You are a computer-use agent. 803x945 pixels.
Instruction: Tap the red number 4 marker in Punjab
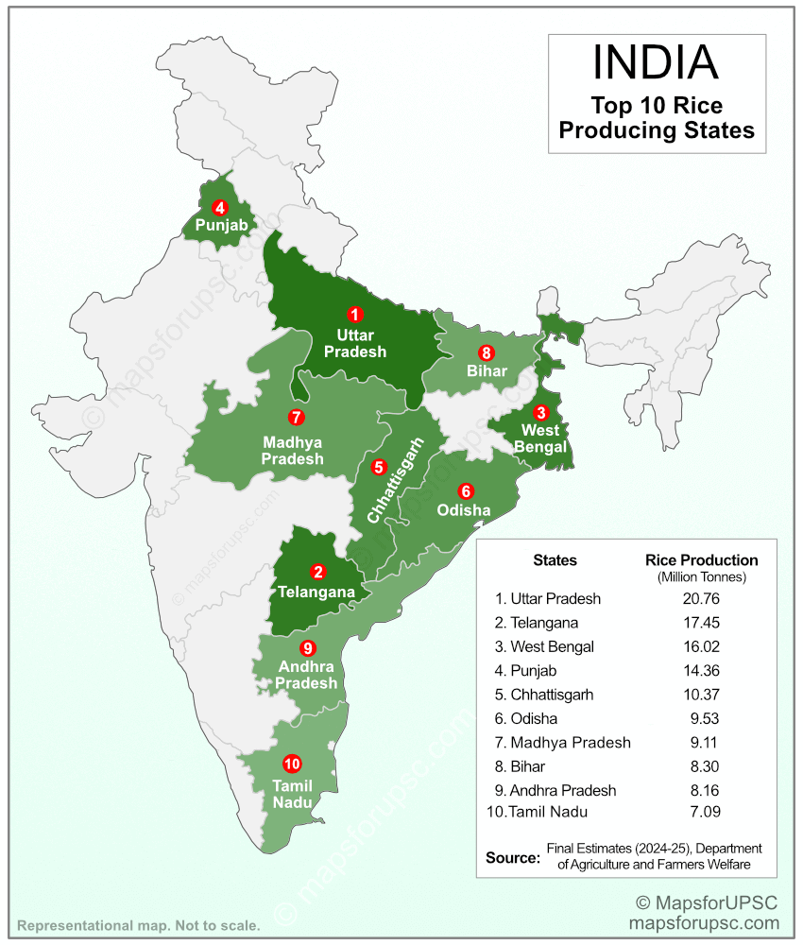pyautogui.click(x=220, y=208)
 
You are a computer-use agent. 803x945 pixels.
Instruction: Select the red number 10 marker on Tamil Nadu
pyautogui.click(x=293, y=764)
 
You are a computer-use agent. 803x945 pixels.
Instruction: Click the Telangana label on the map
pyautogui.click(x=316, y=593)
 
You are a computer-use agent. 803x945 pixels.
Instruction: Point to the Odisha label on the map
pyautogui.click(x=464, y=510)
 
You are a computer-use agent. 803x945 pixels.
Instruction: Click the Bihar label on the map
pyautogui.click(x=487, y=370)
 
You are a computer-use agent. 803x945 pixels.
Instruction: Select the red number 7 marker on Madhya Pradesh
pyautogui.click(x=296, y=417)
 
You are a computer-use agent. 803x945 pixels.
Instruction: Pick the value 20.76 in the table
pyautogui.click(x=700, y=599)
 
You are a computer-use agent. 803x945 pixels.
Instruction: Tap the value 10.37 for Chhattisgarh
pyautogui.click(x=700, y=694)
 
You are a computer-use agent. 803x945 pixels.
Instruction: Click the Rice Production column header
pyautogui.click(x=701, y=560)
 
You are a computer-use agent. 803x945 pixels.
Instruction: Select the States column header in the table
pyautogui.click(x=555, y=560)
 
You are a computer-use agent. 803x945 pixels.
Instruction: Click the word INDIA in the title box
pyautogui.click(x=656, y=62)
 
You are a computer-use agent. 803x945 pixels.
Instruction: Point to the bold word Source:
pyautogui.click(x=513, y=858)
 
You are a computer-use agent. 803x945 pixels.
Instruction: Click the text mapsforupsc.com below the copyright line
pyautogui.click(x=705, y=923)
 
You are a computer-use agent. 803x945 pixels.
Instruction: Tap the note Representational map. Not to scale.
pyautogui.click(x=139, y=925)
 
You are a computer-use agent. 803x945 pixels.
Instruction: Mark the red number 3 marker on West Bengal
pyautogui.click(x=540, y=412)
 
